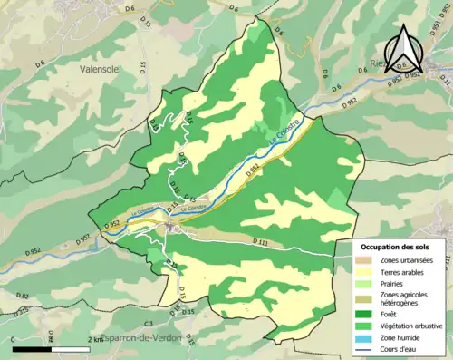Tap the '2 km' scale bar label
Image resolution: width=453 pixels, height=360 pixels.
tap(96, 339)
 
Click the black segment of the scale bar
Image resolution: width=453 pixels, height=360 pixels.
tap(33, 348)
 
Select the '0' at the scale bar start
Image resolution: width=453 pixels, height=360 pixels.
tap(14, 339)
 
